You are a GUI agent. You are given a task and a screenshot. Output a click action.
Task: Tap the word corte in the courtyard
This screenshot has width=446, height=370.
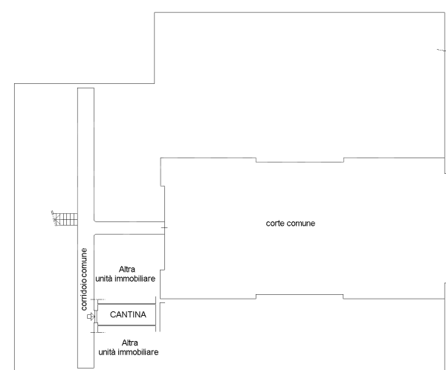tap(277, 223)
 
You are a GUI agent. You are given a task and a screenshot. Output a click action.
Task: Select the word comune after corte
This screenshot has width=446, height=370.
tap(303, 223)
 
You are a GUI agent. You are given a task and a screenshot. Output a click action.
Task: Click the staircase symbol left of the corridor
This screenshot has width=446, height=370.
tap(65, 219)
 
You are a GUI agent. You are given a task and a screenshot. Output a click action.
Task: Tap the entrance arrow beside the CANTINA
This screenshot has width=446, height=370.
tap(91, 317)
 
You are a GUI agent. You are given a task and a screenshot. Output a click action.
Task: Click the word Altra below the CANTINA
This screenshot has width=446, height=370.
tap(129, 343)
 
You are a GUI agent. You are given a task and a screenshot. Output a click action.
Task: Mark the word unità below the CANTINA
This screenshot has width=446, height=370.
tap(109, 351)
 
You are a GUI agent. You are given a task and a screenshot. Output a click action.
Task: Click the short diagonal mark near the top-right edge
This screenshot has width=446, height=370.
tap(439, 51)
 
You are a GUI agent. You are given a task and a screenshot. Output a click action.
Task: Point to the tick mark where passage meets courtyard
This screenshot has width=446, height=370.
tap(164, 227)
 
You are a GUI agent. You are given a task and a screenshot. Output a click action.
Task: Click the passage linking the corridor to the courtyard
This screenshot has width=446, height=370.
tap(126, 227)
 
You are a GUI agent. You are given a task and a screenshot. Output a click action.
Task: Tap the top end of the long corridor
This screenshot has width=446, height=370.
tap(85, 91)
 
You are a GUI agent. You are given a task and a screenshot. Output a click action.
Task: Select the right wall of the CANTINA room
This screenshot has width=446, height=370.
tap(156, 315)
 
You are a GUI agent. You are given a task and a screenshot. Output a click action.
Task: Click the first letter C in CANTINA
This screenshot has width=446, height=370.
tap(113, 315)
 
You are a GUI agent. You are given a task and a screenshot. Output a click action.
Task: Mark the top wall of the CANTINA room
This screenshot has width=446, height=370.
tap(126, 304)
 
